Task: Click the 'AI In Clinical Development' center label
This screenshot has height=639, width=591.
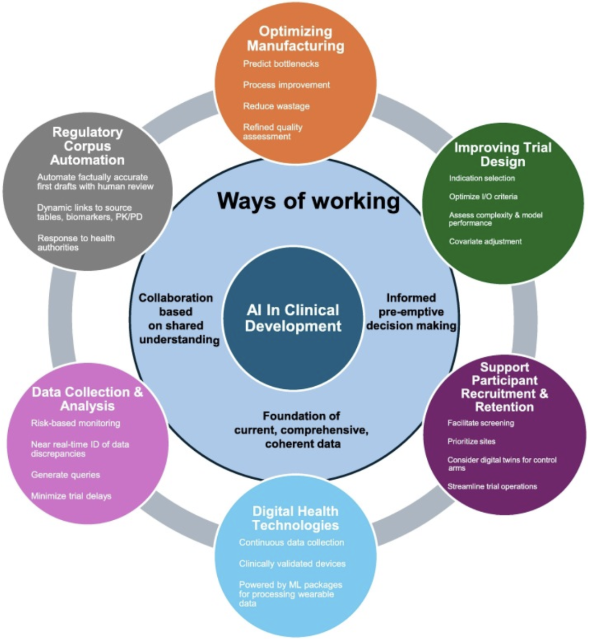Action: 293,318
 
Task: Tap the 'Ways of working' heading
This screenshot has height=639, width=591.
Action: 309,201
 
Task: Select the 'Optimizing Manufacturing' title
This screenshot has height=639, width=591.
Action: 296,38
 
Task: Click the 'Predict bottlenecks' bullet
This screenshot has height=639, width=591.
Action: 281,63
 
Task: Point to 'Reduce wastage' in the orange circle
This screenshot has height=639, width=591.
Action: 276,106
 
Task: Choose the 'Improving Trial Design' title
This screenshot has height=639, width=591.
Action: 503,154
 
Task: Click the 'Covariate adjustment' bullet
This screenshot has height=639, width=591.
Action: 485,241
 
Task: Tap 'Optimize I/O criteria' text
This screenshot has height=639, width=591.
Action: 483,196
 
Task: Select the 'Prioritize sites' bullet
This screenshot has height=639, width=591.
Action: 471,442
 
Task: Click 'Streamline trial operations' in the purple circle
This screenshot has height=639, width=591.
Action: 492,486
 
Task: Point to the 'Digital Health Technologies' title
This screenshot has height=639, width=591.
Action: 296,518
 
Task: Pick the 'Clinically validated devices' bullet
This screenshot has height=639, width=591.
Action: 292,564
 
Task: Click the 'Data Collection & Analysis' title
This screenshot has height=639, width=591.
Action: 88,399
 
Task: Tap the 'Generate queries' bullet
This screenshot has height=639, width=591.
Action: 66,475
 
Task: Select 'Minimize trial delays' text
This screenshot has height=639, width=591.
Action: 71,496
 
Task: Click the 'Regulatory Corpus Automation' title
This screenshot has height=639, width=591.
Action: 88,146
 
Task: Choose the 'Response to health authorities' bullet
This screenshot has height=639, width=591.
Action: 76,243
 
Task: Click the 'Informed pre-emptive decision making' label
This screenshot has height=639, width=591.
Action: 412,312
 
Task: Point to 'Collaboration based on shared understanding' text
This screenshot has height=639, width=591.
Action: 178,318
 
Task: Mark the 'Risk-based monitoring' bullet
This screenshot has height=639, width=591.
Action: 76,423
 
